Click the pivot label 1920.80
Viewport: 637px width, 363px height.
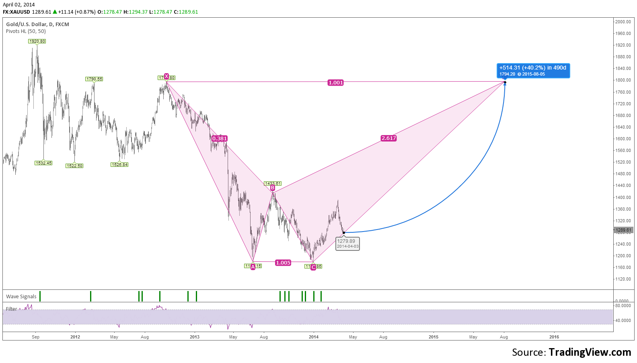click(x=37, y=41)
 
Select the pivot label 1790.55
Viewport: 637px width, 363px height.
click(x=94, y=79)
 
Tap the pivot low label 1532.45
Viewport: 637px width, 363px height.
click(x=43, y=163)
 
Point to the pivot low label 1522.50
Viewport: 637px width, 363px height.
click(x=74, y=166)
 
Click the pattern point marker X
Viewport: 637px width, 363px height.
click(x=166, y=76)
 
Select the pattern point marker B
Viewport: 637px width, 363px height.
click(x=273, y=188)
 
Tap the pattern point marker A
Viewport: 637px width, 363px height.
click(x=253, y=267)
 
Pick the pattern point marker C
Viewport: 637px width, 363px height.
click(x=313, y=267)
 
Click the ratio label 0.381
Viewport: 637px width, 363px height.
click(x=220, y=139)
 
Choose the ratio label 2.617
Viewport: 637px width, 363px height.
click(x=389, y=138)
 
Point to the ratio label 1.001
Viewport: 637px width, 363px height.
click(x=336, y=83)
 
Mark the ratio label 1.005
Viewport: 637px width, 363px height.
click(x=283, y=263)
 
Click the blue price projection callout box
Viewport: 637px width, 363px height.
click(x=533, y=71)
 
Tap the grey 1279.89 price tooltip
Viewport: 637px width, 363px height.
click(x=347, y=244)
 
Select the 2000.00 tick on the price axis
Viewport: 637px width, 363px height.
click(x=623, y=22)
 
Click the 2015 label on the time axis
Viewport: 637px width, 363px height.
click(x=434, y=337)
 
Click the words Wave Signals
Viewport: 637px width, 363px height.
click(x=21, y=297)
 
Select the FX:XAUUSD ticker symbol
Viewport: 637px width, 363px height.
click(x=16, y=12)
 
